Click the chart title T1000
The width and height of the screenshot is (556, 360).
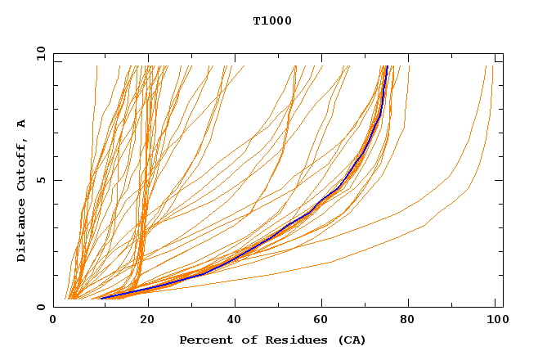click(x=271, y=20)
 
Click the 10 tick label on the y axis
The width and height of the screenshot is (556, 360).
click(x=41, y=53)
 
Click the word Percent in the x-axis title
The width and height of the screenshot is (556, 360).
click(x=204, y=340)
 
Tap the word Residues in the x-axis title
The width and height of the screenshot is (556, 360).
click(x=283, y=340)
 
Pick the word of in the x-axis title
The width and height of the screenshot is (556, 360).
click(x=243, y=340)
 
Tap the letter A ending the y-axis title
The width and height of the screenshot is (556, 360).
click(x=22, y=123)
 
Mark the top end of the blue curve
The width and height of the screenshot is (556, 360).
click(x=387, y=67)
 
